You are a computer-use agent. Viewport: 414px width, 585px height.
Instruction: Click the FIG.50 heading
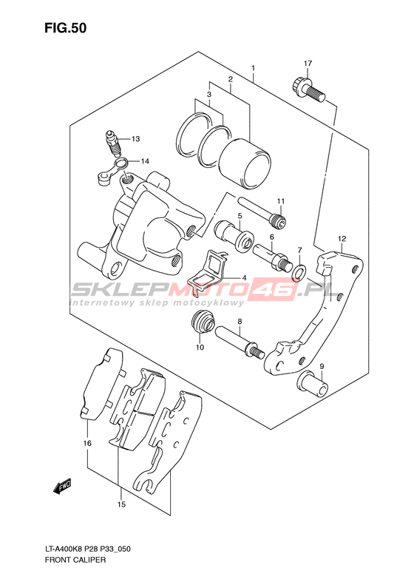[x=65, y=28]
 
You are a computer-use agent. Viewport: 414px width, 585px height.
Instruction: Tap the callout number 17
[x=308, y=64]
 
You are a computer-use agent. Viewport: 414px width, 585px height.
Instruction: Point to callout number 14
[x=145, y=161]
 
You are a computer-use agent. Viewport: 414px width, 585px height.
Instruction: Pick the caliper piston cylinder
[x=244, y=163]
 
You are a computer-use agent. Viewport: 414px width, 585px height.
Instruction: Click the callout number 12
[x=342, y=239]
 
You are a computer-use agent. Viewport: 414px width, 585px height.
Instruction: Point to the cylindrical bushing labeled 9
[x=313, y=384]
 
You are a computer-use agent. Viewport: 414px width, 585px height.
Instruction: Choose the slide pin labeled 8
[x=239, y=341]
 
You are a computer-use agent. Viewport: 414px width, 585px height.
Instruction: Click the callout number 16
[x=87, y=443]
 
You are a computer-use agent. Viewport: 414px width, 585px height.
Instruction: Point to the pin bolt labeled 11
[x=262, y=212]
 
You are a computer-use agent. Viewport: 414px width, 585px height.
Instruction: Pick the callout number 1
[x=253, y=68]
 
